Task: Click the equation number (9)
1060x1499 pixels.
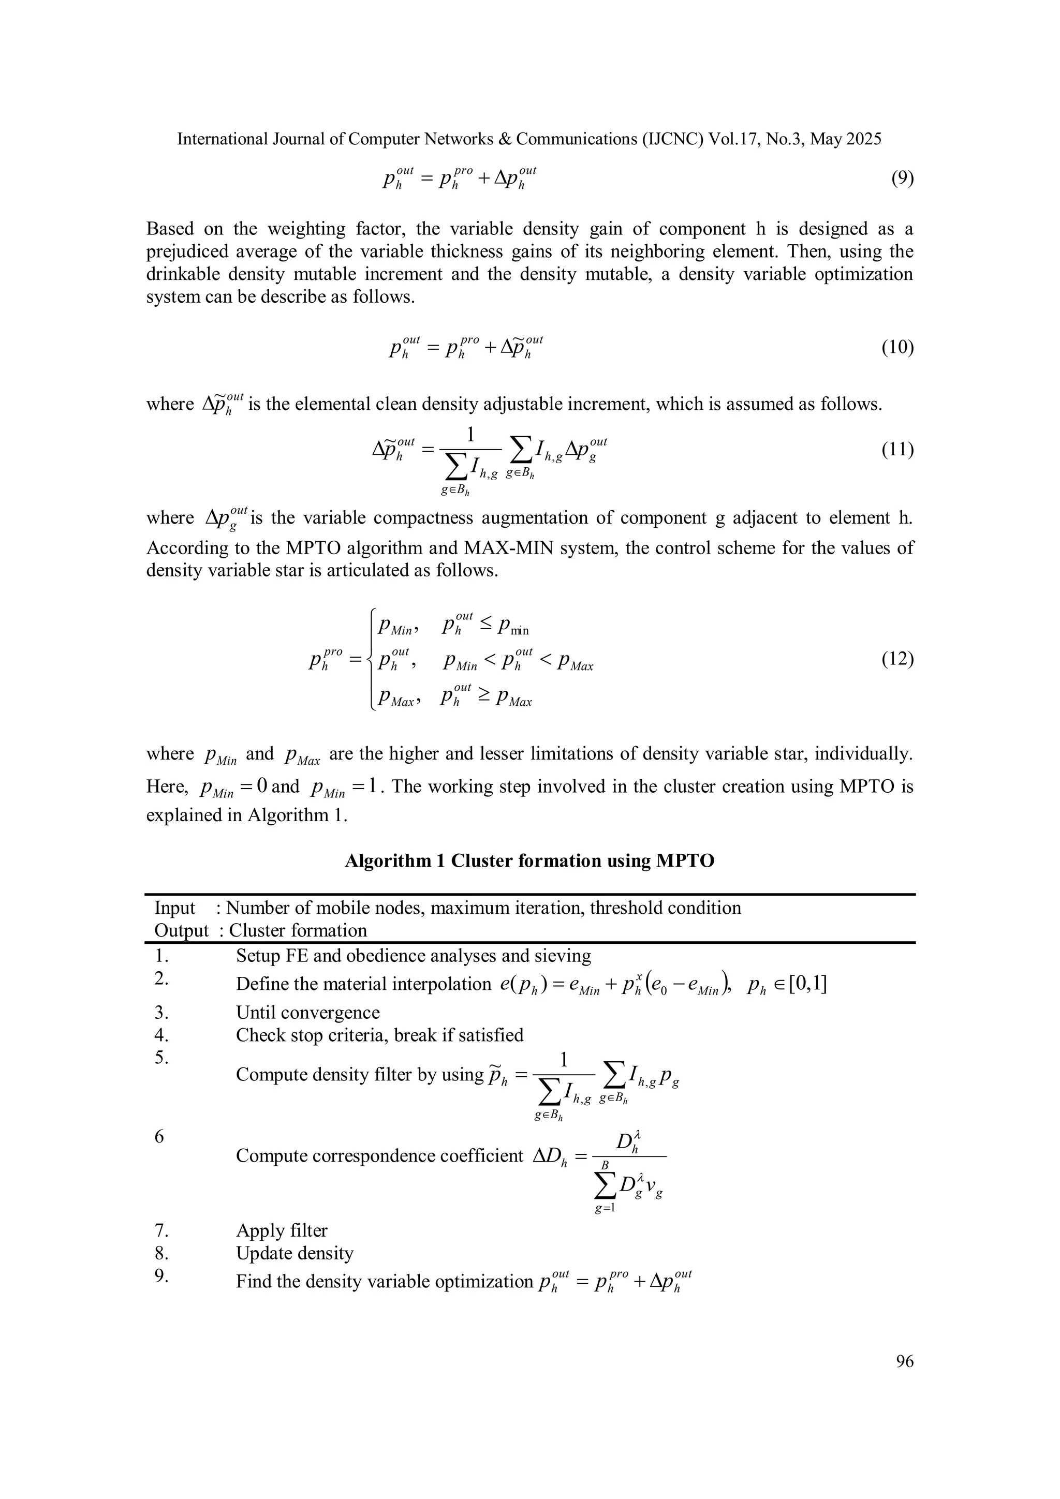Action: [x=902, y=178]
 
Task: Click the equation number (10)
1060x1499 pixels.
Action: [x=897, y=347]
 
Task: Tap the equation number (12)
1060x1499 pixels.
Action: [x=897, y=659]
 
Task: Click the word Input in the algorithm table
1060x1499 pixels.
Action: [x=174, y=908]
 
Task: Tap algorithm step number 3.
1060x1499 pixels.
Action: [x=162, y=1013]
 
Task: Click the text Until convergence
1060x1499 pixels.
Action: [x=307, y=1013]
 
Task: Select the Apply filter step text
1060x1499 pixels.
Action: [x=282, y=1230]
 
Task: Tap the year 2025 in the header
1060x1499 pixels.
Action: [x=863, y=139]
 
